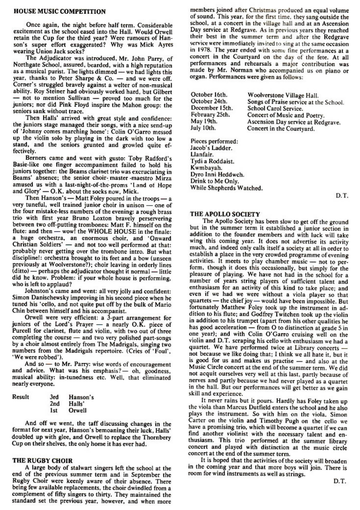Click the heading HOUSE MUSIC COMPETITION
[59, 12]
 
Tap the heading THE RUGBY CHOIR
[42, 461]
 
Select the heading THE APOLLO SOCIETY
[225, 214]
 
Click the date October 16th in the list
[209, 95]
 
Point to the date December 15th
[212, 108]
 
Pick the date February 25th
[210, 115]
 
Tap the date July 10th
[203, 128]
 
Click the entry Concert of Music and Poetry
[286, 115]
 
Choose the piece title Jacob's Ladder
[211, 148]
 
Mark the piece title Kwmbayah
[206, 168]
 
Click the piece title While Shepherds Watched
[226, 188]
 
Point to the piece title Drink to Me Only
[214, 181]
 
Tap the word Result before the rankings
[21, 397]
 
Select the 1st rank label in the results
[54, 410]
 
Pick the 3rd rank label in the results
[54, 397]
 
